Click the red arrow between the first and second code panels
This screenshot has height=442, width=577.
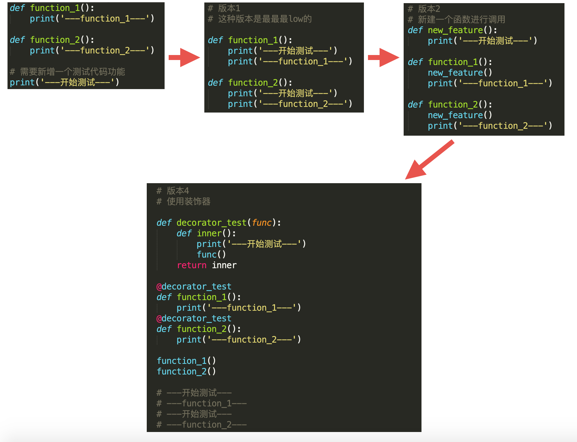tap(184, 58)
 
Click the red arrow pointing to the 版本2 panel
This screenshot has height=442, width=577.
tap(383, 58)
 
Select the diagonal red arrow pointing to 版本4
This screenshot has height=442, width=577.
tap(429, 160)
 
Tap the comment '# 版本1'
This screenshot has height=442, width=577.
tap(224, 8)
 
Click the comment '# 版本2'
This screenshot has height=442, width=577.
tap(424, 9)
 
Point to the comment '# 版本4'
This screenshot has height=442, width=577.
tap(173, 191)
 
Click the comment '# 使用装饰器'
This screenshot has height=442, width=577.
tap(183, 202)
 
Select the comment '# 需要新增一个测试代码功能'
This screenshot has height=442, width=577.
tap(67, 72)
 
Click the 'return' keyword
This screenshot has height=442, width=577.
tap(191, 265)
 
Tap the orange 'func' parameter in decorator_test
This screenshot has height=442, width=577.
tap(262, 223)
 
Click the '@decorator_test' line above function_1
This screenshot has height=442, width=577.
tap(194, 286)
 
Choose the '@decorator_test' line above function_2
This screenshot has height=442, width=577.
tap(194, 318)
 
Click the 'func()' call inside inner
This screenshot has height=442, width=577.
tap(211, 254)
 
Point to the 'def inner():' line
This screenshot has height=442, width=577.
tap(206, 234)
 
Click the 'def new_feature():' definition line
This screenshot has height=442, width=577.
tap(452, 30)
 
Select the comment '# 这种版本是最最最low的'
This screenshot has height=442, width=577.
tap(260, 19)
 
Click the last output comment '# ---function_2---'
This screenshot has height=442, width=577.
tap(202, 424)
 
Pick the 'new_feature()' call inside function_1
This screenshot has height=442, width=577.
tap(460, 73)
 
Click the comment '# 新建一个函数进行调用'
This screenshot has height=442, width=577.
tap(457, 20)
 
